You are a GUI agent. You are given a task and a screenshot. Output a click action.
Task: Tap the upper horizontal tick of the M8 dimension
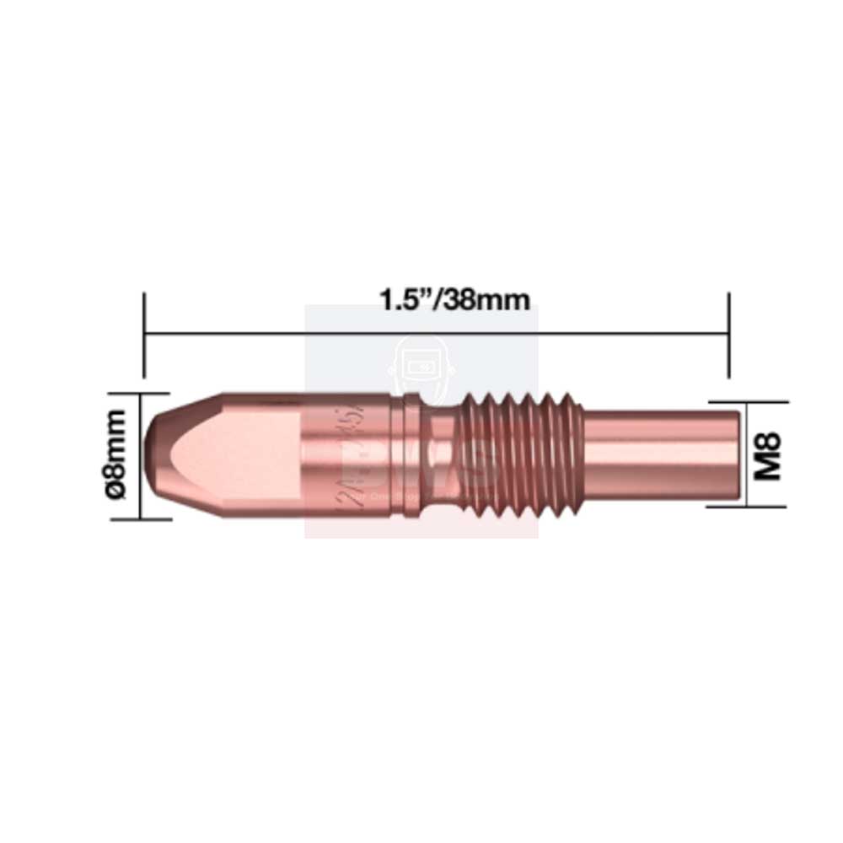coord(746,402)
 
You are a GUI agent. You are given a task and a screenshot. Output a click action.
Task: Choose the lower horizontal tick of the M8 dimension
coord(746,507)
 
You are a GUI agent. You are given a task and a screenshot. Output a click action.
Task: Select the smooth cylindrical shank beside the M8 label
coord(658,455)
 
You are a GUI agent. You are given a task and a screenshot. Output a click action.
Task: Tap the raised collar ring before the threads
coord(411,455)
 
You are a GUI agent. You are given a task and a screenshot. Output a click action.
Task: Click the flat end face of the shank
coord(739,455)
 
